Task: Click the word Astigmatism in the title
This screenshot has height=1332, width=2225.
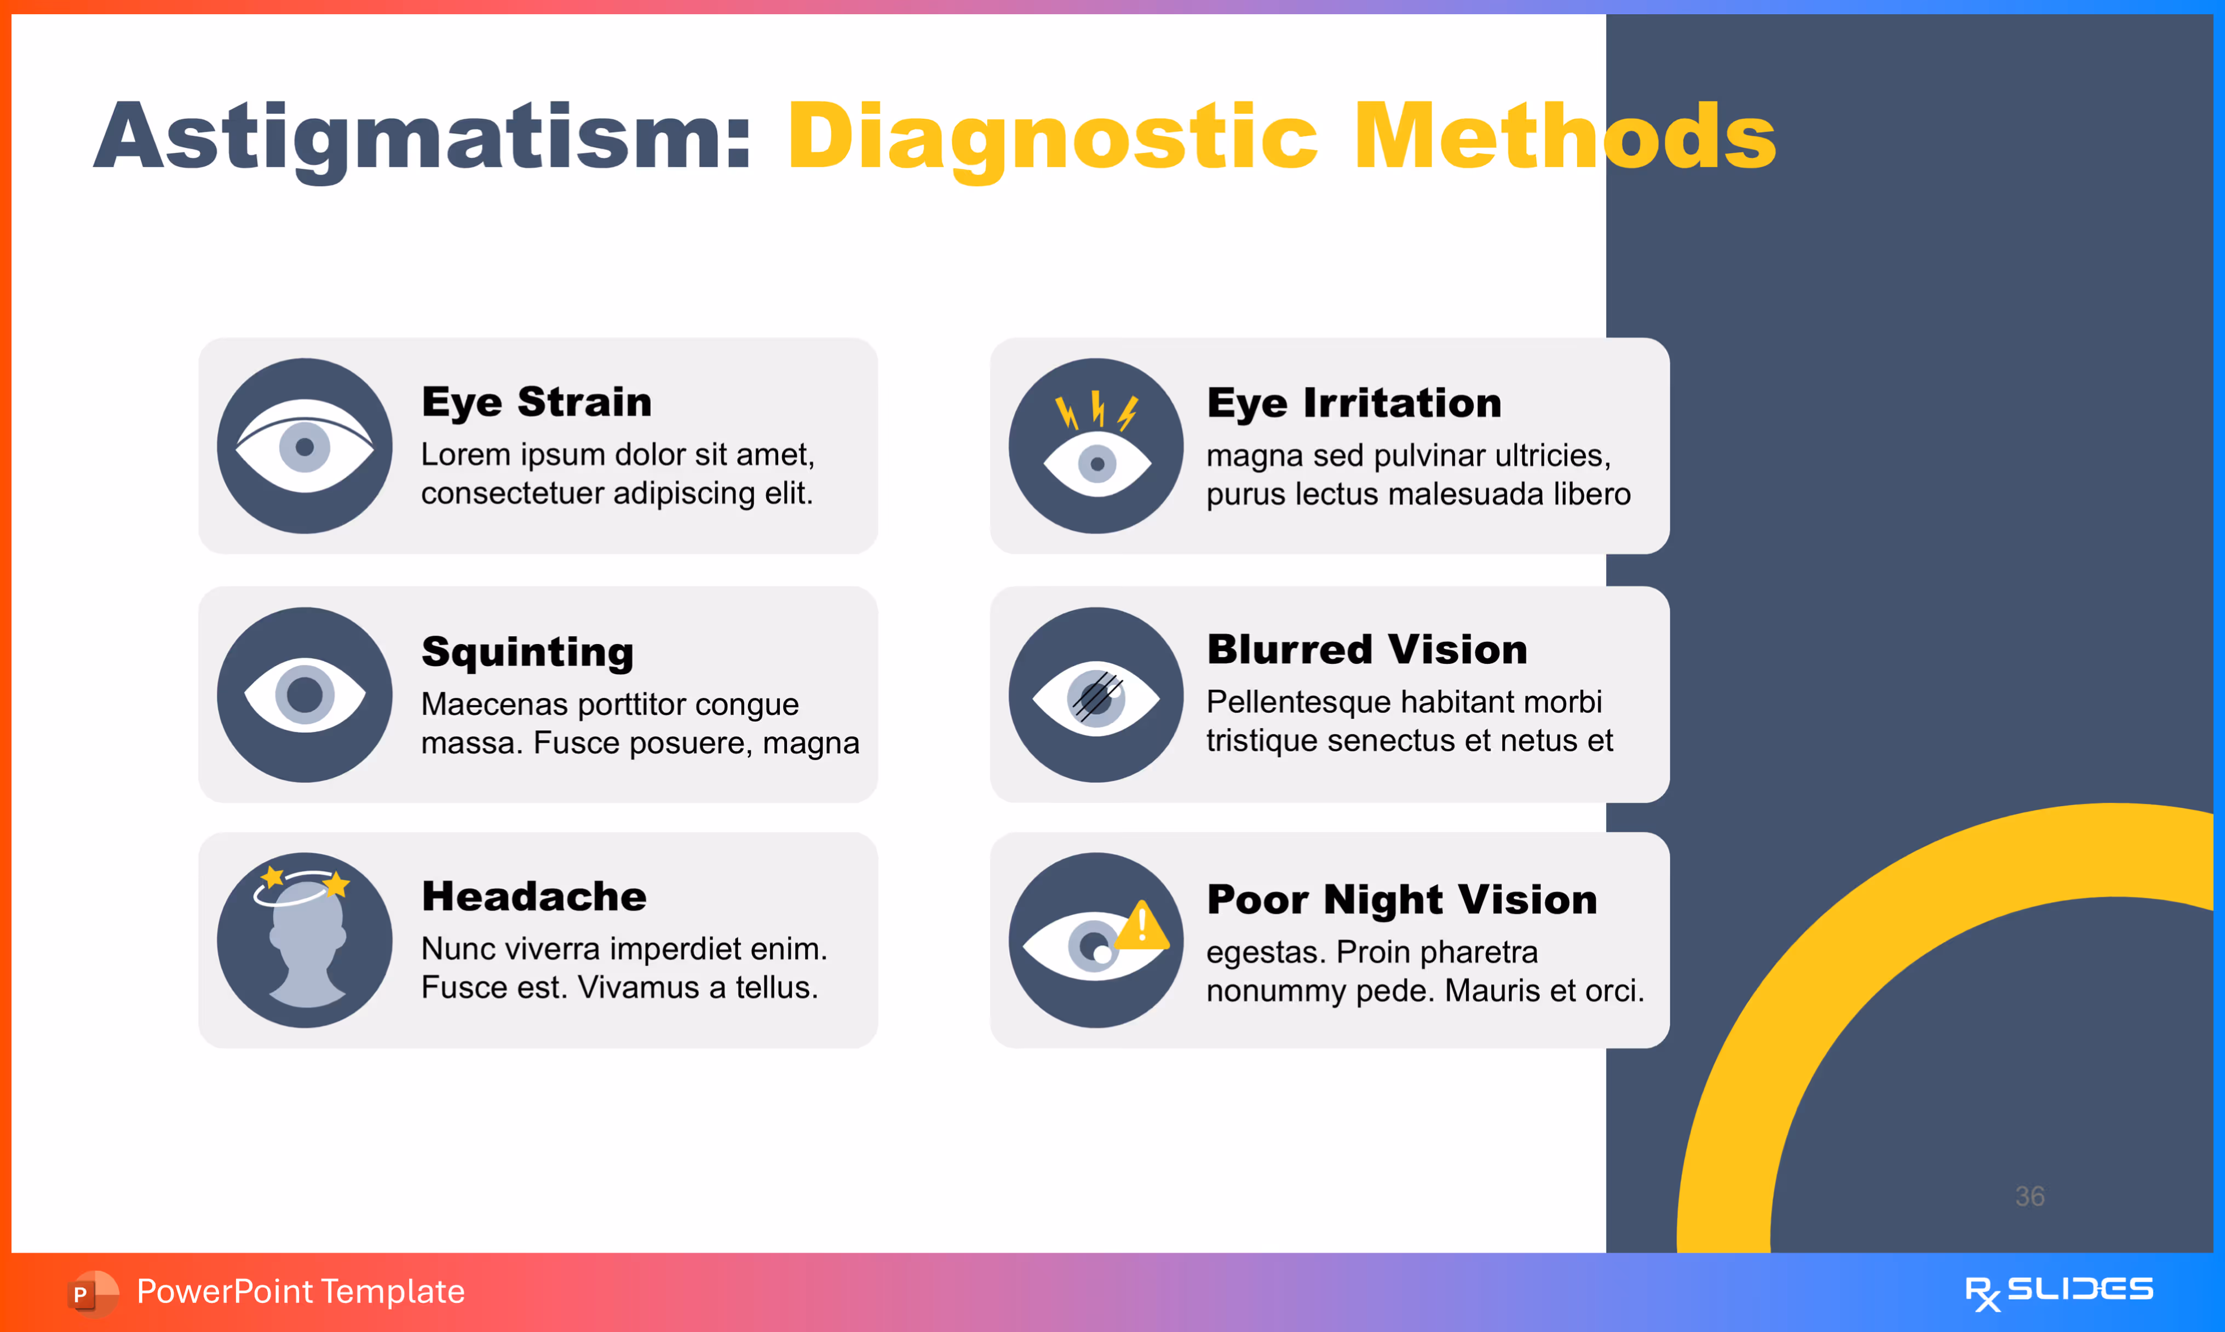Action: point(422,136)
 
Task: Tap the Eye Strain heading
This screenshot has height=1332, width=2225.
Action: point(537,401)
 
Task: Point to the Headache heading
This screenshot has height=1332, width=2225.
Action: point(534,896)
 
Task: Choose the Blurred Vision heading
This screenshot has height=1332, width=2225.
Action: point(1366,649)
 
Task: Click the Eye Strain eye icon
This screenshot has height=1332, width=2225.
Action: point(305,446)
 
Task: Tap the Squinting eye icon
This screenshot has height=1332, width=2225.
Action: point(305,694)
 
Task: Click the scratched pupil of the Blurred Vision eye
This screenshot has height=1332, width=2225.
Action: point(1095,697)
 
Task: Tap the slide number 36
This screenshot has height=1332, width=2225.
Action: point(2029,1196)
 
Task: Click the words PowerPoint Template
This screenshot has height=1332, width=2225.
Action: point(301,1291)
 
